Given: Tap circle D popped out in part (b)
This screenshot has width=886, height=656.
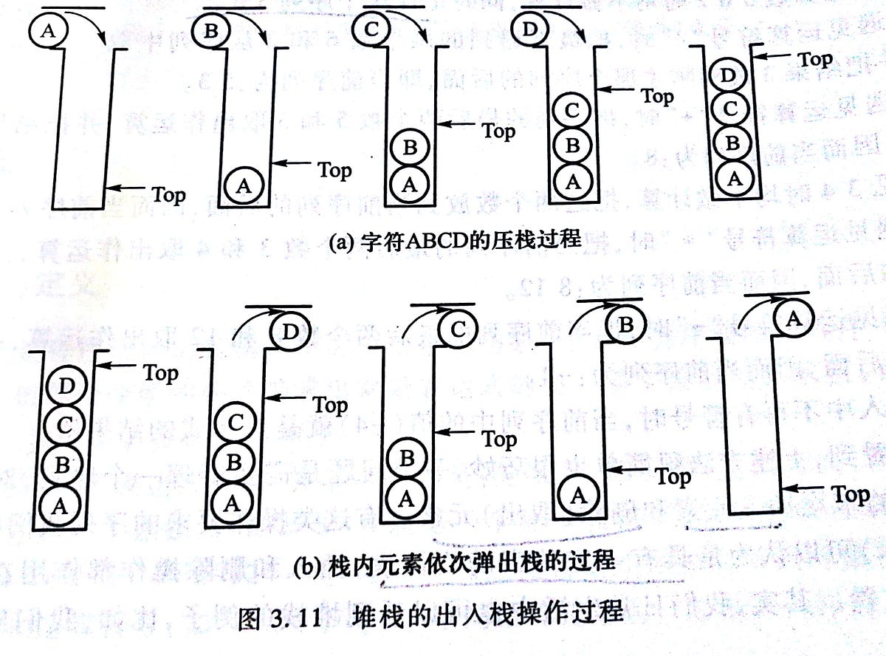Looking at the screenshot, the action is (x=290, y=332).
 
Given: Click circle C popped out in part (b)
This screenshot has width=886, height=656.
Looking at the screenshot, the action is (x=457, y=330).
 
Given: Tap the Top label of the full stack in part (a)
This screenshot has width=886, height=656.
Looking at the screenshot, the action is (x=814, y=59).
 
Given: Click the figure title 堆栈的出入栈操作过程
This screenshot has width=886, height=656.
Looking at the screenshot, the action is (x=488, y=615).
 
